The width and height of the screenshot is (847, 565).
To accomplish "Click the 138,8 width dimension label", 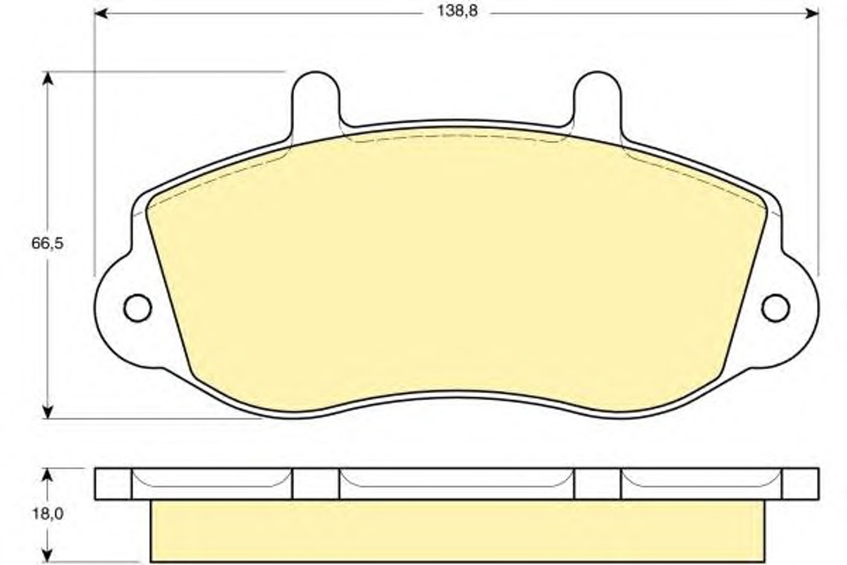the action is [x=457, y=11].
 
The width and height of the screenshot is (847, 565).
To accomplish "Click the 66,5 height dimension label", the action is [x=47, y=243].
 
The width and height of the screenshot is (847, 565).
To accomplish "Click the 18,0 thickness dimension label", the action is [x=48, y=514].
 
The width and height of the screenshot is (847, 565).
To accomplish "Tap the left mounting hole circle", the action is [x=138, y=308].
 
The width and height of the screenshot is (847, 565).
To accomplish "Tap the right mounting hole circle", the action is [x=776, y=308].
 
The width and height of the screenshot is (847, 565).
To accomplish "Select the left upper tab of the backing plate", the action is [x=316, y=105].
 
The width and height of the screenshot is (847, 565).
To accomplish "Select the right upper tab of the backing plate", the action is [x=597, y=105].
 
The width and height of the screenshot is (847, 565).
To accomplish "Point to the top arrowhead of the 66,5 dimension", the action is [x=48, y=78].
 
